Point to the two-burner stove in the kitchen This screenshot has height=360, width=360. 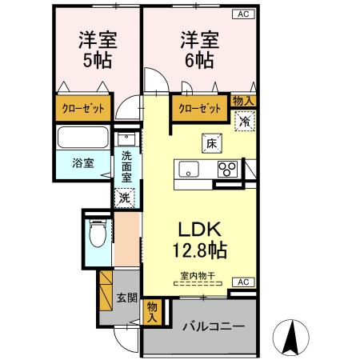coord(229,169)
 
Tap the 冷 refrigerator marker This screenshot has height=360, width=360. coord(243,122)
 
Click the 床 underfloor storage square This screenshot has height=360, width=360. coord(212,142)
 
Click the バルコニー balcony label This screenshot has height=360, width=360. coord(212,326)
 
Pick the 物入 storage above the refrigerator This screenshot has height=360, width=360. coord(243,100)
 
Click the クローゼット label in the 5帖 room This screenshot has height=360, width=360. coord(82,108)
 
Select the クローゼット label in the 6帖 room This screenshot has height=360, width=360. coord(199,108)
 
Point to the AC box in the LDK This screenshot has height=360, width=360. coord(243,282)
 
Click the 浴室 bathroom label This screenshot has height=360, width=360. coord(82,162)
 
